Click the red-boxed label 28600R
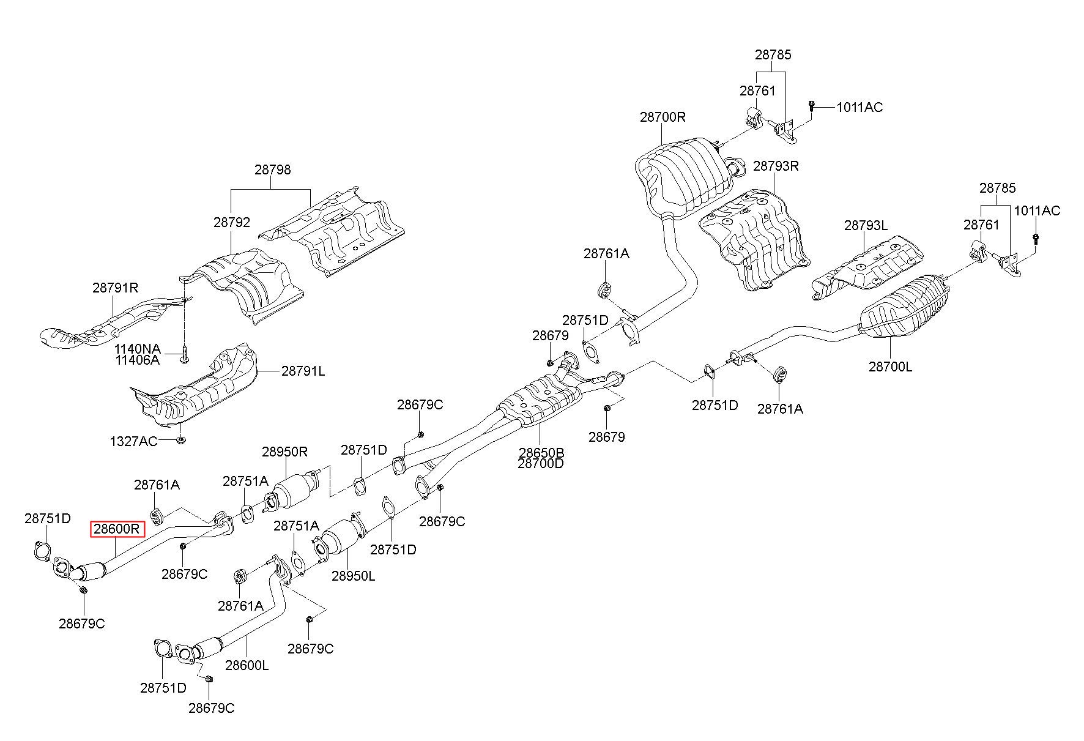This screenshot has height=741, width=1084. (x=117, y=529)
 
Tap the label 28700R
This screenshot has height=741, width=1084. (x=663, y=116)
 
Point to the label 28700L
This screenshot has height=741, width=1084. (x=890, y=367)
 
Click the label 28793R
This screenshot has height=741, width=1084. (x=776, y=166)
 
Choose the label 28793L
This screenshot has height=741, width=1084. (x=866, y=225)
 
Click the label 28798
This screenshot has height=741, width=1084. (x=273, y=169)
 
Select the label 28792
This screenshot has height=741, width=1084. (x=232, y=222)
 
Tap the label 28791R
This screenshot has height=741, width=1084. (x=116, y=287)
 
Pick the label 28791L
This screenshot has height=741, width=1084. (x=303, y=371)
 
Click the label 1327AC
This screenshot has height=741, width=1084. (x=133, y=441)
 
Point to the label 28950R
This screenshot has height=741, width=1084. (x=284, y=452)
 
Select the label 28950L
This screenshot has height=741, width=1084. (x=354, y=576)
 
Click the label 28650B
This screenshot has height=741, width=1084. (x=541, y=453)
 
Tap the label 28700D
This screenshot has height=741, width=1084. (x=541, y=464)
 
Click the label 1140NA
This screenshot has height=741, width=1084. (x=138, y=349)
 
